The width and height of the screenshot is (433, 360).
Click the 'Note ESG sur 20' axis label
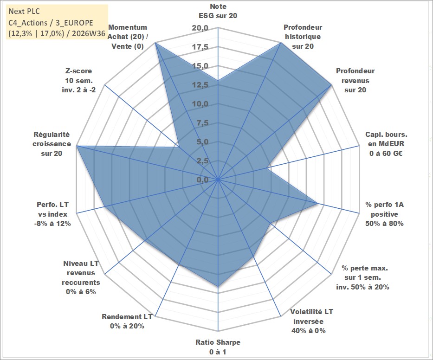[x=218, y=11]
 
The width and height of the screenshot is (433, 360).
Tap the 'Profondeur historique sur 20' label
[x=303, y=37]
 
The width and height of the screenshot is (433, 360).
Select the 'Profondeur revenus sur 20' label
[x=355, y=80]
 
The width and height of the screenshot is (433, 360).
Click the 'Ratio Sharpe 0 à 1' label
[x=218, y=347]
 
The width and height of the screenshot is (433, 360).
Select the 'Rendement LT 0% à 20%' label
[x=127, y=321]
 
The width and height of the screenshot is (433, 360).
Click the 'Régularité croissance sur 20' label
[x=52, y=144]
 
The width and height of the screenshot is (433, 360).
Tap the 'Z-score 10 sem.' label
[x=79, y=80]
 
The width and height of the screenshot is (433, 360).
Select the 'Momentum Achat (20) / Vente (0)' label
[x=128, y=37]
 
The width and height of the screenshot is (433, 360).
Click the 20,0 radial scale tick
[x=200, y=28]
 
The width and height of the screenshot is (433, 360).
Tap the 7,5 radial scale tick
[x=202, y=123]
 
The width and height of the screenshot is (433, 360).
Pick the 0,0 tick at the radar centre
[x=202, y=180]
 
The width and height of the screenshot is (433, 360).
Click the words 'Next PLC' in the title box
[x=24, y=11]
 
